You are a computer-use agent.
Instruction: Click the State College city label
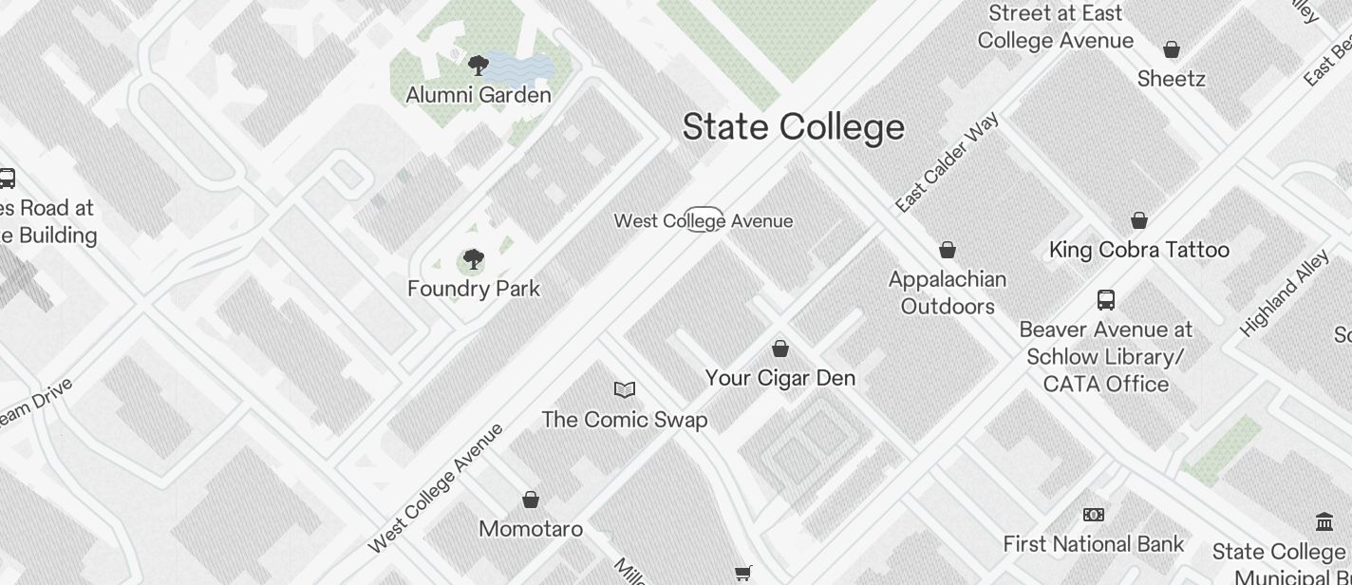[793, 127]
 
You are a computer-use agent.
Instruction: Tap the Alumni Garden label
[479, 95]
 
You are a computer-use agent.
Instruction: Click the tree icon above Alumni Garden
[479, 66]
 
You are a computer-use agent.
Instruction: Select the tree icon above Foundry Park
[473, 259]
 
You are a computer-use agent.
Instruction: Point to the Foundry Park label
[474, 289]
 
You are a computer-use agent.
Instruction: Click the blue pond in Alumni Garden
[520, 66]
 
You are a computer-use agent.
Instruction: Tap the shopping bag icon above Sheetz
[1172, 49]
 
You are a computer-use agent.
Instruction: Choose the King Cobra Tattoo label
[1139, 250]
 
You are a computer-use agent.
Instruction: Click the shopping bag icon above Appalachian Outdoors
[948, 250]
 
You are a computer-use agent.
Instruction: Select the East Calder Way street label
[947, 163]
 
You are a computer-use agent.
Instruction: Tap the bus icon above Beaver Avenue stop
[1106, 300]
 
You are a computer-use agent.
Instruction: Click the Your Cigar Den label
[780, 378]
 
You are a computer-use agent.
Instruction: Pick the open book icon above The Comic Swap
[625, 389]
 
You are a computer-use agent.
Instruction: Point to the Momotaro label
[531, 529]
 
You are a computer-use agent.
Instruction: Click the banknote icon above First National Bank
[1094, 515]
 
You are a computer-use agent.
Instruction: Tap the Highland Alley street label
[1286, 292]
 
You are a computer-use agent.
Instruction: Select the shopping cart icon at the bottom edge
[743, 573]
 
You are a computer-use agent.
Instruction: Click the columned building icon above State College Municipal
[1324, 521]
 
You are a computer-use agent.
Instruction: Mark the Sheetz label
[1172, 79]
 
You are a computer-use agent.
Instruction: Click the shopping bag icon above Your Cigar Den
[780, 349]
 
